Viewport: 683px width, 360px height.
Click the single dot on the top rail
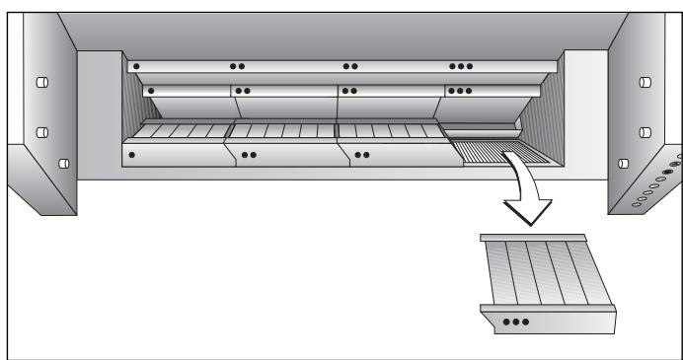click(136, 67)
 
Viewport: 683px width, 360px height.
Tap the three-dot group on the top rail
click(460, 67)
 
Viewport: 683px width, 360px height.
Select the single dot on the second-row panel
click(152, 91)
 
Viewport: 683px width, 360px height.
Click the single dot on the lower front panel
click(132, 155)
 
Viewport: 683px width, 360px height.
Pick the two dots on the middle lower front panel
click(249, 155)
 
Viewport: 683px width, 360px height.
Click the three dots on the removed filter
click(514, 322)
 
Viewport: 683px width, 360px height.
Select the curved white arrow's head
click(527, 209)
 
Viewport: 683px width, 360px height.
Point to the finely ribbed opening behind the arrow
click(491, 151)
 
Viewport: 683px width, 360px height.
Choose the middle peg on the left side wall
click(42, 131)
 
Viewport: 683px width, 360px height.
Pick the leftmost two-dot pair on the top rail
click(237, 67)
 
